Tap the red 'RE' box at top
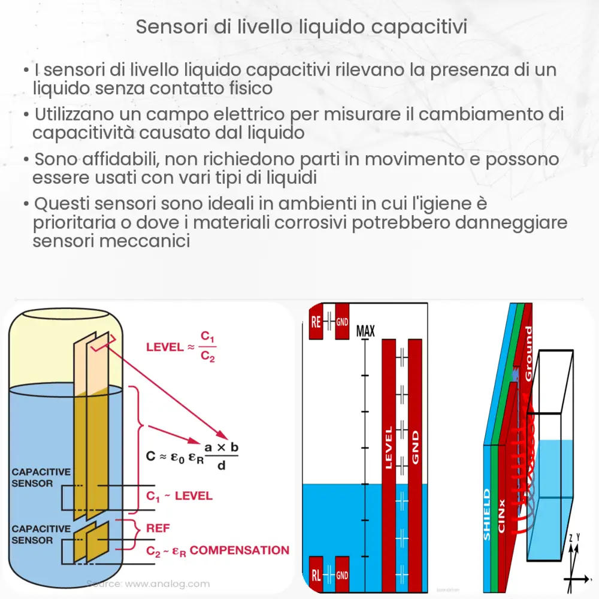[x=316, y=323]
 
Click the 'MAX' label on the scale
[x=365, y=330]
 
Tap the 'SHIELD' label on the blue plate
[x=487, y=515]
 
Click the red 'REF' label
[x=158, y=528]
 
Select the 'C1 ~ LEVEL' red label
[x=179, y=496]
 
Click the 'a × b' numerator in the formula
[x=221, y=447]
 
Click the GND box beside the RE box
[x=341, y=322]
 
